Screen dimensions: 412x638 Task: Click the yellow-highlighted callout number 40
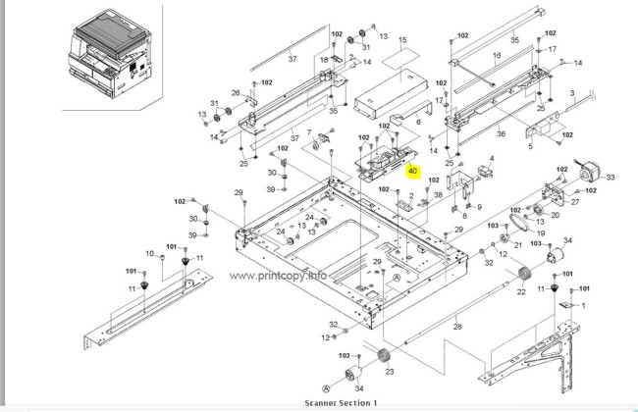pos(413,170)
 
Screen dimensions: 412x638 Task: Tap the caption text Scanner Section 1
pos(340,403)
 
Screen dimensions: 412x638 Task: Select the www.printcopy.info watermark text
pos(279,276)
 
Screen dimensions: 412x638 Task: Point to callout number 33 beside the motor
pos(610,178)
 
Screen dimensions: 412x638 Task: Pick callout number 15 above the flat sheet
pos(401,41)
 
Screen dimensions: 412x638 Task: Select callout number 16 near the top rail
pos(496,56)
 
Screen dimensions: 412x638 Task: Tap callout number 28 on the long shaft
pos(456,326)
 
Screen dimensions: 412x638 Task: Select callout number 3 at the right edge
pos(571,93)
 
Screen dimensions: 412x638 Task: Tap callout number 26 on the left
pos(236,93)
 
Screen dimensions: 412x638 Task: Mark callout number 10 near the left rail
pos(150,254)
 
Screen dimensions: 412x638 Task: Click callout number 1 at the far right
pos(583,305)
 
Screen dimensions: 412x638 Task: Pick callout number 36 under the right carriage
pos(501,134)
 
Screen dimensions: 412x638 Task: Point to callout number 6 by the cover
pos(418,122)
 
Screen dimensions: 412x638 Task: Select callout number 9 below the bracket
pos(479,205)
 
